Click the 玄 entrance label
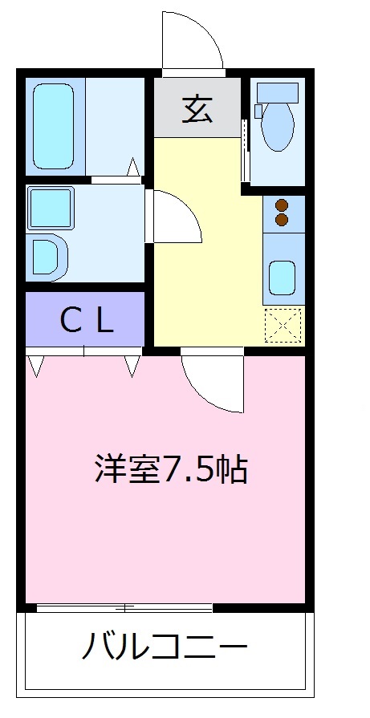pos(197,109)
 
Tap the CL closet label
pos(87,321)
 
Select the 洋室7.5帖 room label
pos(170,470)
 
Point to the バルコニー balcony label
pos(164,647)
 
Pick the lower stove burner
pos(282,218)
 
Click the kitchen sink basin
pos(283,276)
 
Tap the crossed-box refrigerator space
pos(284,324)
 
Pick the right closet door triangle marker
pos(132,366)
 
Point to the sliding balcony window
pos(124,607)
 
